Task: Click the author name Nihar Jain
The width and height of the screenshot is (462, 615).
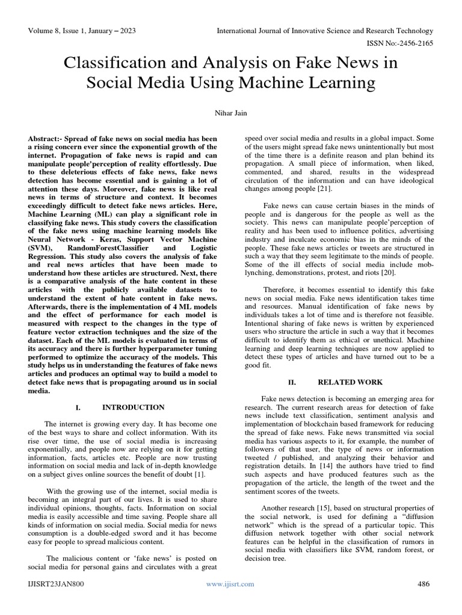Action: pyautogui.click(x=231, y=113)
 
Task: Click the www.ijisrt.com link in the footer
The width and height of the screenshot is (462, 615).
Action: pyautogui.click(x=230, y=584)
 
